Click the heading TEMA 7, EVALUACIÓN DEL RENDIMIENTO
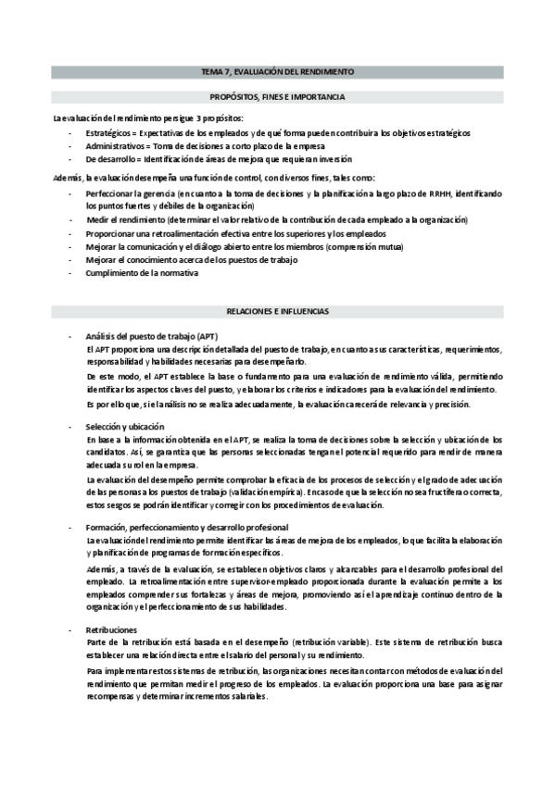tap(277, 71)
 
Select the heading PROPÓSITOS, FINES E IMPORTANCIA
tap(277, 96)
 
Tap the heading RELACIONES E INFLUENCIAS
tap(277, 311)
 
